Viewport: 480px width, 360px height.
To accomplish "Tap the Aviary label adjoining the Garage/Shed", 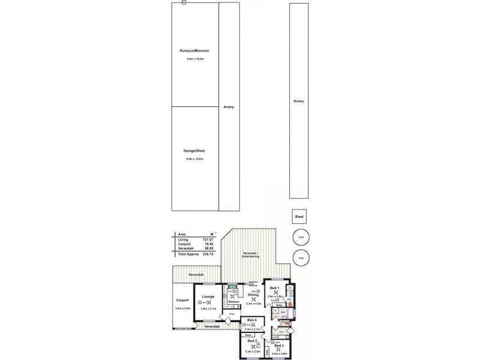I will (x=228, y=107).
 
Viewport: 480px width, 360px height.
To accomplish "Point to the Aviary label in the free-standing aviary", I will (x=299, y=101).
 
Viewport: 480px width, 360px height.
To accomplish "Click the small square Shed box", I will (x=298, y=217).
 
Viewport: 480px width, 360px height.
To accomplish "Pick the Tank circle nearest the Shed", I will (x=301, y=236).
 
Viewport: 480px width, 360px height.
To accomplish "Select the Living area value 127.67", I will (x=208, y=239).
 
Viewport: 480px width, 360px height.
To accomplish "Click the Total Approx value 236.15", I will (x=208, y=254).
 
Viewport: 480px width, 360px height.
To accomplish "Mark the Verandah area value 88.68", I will (x=208, y=248).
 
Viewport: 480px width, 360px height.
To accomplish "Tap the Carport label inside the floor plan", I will (x=182, y=300).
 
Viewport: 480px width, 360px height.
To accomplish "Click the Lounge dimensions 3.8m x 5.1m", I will (x=208, y=308).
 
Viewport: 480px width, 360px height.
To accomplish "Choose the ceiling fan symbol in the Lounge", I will (x=208, y=303).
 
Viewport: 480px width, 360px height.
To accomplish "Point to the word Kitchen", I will (x=234, y=302).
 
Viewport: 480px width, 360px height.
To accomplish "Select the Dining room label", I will (x=253, y=295).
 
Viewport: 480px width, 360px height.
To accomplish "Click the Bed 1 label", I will (x=274, y=288).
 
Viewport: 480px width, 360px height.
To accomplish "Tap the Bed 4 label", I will (x=251, y=320).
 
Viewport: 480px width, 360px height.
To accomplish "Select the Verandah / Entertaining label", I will (x=251, y=255).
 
